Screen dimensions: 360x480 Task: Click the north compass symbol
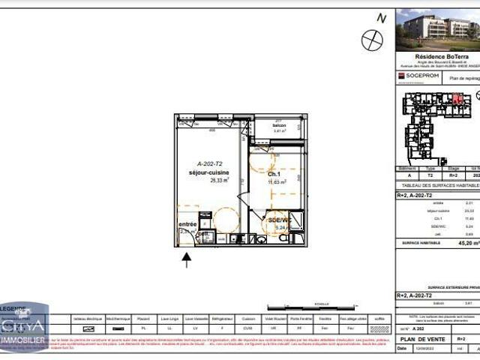click(372, 40)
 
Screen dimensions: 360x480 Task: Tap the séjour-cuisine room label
click(208, 172)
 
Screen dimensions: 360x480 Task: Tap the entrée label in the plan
click(187, 223)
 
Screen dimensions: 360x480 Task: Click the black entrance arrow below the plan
click(187, 259)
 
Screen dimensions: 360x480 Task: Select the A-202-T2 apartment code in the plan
click(211, 163)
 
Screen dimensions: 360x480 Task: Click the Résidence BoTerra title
click(436, 55)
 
